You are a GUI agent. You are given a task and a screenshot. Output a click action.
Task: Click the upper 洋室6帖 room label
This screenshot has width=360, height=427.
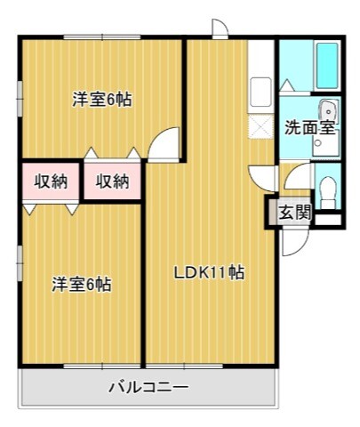[x=102, y=101]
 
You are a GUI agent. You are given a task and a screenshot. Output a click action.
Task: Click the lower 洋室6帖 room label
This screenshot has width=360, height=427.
[x=81, y=285]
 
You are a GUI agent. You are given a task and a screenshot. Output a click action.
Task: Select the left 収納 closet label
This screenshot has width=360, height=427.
[x=51, y=181]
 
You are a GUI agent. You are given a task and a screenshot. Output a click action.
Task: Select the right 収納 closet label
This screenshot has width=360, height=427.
[x=113, y=181]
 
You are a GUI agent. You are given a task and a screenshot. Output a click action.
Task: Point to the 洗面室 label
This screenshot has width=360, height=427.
[x=308, y=127]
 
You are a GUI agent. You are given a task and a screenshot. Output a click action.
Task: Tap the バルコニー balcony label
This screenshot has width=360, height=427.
[x=148, y=387]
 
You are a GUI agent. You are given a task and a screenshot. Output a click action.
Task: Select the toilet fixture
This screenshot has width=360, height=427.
[x=327, y=190]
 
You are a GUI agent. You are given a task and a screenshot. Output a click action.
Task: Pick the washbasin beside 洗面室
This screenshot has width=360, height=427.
[x=328, y=111]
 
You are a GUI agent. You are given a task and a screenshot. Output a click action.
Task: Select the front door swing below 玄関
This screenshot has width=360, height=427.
[x=292, y=240]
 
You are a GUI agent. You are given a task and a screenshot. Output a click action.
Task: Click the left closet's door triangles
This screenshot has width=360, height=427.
[x=51, y=208]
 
